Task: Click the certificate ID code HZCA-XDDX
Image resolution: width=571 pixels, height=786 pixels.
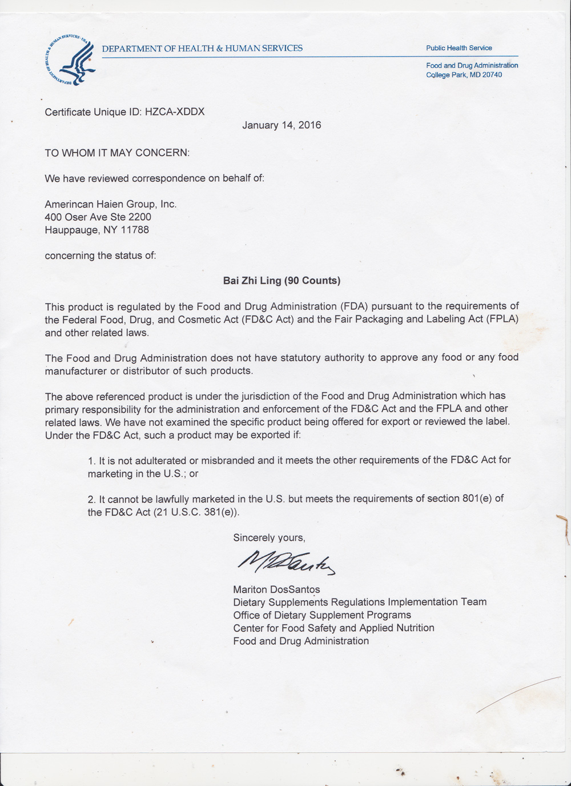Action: (x=175, y=112)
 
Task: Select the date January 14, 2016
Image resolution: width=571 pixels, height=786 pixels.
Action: (x=282, y=125)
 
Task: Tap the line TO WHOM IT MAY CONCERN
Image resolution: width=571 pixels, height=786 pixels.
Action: (x=117, y=153)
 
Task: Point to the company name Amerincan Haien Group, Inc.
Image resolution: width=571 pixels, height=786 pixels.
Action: (x=111, y=204)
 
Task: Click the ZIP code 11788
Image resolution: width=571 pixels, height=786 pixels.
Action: (x=135, y=230)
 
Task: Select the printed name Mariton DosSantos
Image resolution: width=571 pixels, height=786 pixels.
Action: (x=276, y=589)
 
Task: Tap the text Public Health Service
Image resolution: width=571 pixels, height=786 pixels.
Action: (x=459, y=48)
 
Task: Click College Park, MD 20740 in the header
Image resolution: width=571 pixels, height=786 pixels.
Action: (x=464, y=75)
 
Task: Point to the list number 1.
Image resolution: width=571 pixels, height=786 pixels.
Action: (x=91, y=460)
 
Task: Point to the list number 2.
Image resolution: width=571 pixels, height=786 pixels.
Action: (x=91, y=499)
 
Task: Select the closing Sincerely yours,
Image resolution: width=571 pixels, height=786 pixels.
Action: (x=269, y=537)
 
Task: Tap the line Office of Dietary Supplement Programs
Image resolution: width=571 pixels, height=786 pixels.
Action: (x=322, y=615)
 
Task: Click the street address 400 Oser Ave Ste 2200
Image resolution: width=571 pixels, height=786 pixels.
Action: (x=98, y=217)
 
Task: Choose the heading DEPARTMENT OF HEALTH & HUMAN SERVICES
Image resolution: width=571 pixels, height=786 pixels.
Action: (x=202, y=49)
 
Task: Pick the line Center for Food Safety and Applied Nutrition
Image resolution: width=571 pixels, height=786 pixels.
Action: (x=333, y=628)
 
